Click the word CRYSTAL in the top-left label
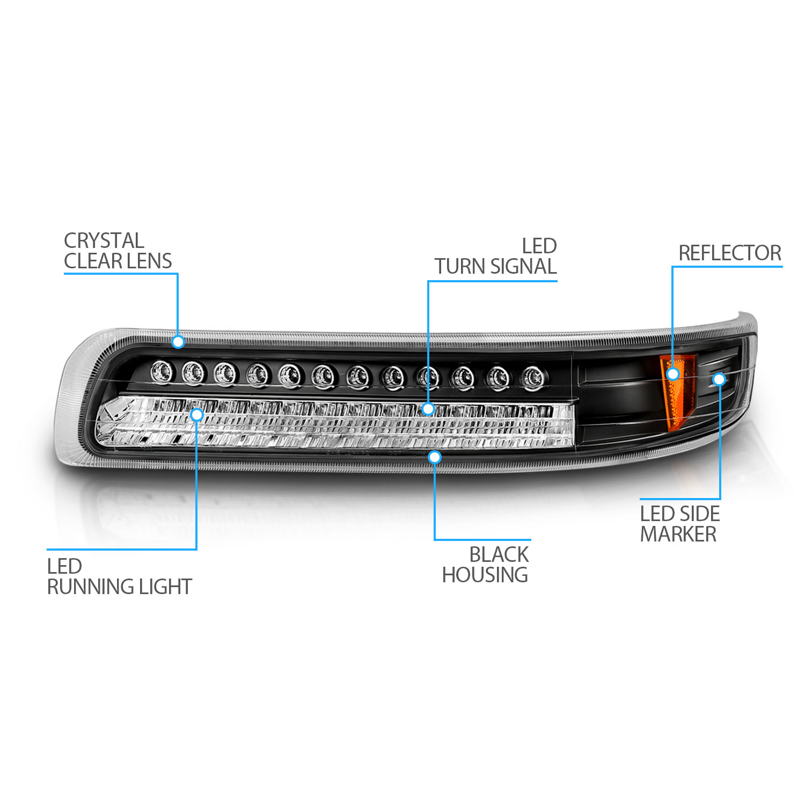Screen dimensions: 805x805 (x=104, y=240)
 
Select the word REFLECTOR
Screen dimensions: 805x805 (x=730, y=253)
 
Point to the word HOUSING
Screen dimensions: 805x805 (x=485, y=575)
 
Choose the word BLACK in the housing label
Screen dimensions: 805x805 (x=499, y=554)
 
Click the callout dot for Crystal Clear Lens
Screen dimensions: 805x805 (x=178, y=342)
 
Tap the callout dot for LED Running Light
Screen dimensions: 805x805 (x=197, y=414)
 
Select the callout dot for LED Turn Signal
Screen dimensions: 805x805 (x=428, y=409)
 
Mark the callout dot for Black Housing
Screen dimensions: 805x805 (x=435, y=457)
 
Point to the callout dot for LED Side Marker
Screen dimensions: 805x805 (x=719, y=379)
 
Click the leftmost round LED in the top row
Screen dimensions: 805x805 (x=161, y=371)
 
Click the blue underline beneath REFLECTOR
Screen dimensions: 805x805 (x=727, y=266)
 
